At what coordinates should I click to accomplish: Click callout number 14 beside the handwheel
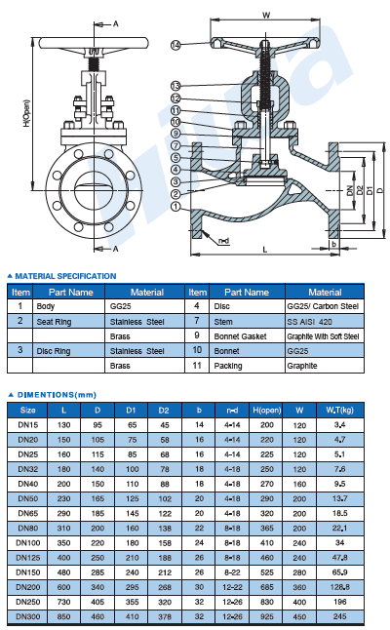click(175, 45)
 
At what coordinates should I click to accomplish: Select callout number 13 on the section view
click(175, 86)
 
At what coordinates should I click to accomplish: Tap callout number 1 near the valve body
click(175, 207)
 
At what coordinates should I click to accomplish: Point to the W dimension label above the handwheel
click(266, 16)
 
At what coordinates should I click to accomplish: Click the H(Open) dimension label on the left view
click(26, 114)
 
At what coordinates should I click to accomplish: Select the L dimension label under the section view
click(264, 250)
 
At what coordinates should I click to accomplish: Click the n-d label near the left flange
click(223, 241)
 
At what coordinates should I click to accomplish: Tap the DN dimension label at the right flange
click(350, 190)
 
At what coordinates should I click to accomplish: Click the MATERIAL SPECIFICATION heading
click(65, 276)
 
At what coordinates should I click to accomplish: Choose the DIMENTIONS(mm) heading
click(57, 395)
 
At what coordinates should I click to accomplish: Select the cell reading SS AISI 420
click(310, 322)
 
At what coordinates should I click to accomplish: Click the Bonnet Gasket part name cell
click(240, 336)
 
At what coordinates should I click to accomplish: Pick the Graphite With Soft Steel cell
click(323, 336)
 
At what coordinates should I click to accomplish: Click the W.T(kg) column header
click(340, 411)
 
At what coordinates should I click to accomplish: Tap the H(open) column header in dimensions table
click(267, 411)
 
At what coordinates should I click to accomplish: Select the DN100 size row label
click(28, 543)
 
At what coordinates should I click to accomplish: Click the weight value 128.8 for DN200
click(340, 587)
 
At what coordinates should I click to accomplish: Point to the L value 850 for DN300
click(63, 616)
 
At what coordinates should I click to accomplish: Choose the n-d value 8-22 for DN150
click(233, 572)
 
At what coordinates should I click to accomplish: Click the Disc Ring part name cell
click(54, 351)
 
